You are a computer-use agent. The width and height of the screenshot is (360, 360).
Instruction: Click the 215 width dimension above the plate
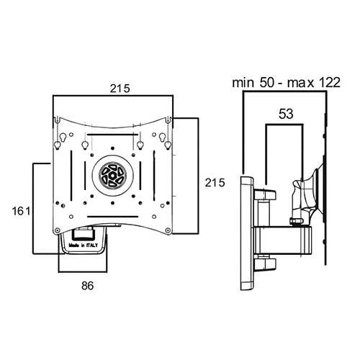120,89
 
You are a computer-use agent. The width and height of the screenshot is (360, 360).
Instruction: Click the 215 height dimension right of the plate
215,183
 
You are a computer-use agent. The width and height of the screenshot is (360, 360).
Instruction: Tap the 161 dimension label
22,212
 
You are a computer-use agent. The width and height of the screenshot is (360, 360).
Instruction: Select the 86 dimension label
87,286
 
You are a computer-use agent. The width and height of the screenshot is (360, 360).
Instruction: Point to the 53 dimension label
286,114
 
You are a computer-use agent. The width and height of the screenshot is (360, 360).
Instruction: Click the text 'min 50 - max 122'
287,83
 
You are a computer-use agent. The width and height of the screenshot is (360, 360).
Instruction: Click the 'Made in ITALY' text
84,246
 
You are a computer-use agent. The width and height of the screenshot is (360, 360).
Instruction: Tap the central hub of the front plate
112,175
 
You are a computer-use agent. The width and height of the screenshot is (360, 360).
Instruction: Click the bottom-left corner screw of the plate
57,230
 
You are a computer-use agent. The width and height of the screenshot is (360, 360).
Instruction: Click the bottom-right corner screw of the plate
168,230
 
